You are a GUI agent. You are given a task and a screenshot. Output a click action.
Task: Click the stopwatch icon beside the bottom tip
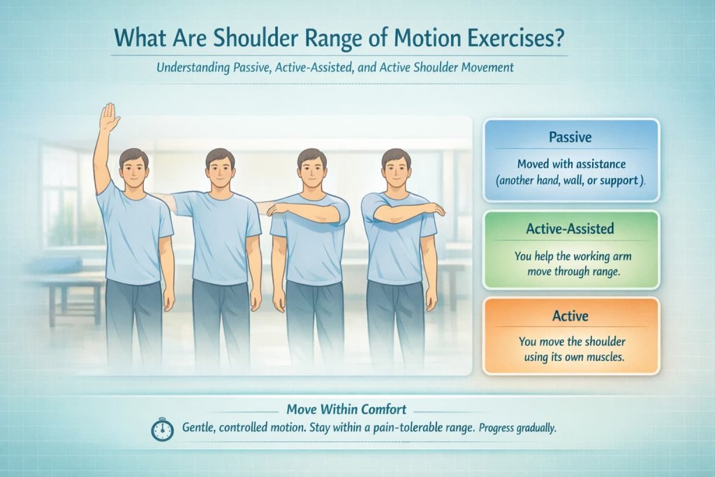[x=162, y=430]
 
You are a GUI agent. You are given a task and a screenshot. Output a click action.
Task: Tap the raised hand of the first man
[x=109, y=117]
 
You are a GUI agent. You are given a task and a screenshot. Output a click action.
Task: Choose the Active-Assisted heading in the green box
[x=570, y=228]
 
